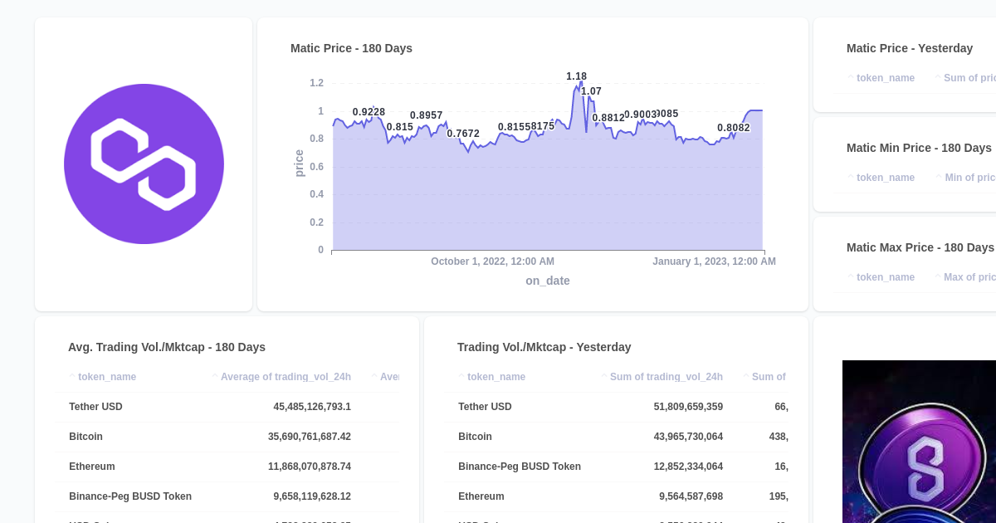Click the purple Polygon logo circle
coord(144,164)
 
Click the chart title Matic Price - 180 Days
coord(351,48)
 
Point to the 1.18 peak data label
coord(576,76)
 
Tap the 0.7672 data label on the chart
coord(463,134)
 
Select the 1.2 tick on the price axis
coord(316,83)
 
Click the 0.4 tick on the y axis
coord(316,194)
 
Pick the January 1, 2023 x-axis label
coord(714,261)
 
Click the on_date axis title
coord(547,281)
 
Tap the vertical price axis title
coord(300,163)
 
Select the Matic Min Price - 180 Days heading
coord(919,148)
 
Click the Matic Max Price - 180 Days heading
coord(920,247)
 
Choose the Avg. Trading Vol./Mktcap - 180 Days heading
coord(167,347)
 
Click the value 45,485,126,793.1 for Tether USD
coord(312,407)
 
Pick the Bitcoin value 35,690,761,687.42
coord(309,437)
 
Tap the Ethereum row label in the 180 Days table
coord(92,467)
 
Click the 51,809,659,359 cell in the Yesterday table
coord(688,407)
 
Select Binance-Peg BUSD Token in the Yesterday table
coord(520,467)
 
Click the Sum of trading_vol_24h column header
coord(666,377)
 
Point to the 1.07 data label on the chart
coord(591,91)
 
